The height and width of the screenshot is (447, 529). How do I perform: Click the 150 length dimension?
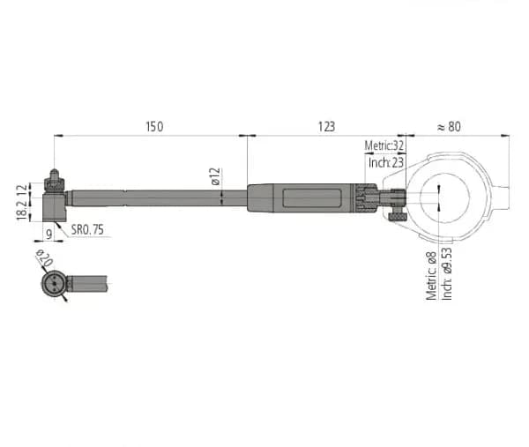(x=154, y=127)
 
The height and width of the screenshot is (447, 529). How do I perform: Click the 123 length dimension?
(x=326, y=127)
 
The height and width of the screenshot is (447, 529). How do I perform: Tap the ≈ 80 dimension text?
(x=449, y=127)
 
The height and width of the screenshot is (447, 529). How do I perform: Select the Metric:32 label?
(x=384, y=145)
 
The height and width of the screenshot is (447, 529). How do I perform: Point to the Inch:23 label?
(x=386, y=162)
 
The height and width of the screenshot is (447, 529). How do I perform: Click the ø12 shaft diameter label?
(x=215, y=176)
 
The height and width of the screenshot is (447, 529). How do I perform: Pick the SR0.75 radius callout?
(x=87, y=230)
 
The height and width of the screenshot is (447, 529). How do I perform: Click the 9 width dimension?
(x=49, y=234)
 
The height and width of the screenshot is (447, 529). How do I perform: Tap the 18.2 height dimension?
(x=22, y=210)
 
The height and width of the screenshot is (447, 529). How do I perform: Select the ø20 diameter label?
(x=44, y=258)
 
